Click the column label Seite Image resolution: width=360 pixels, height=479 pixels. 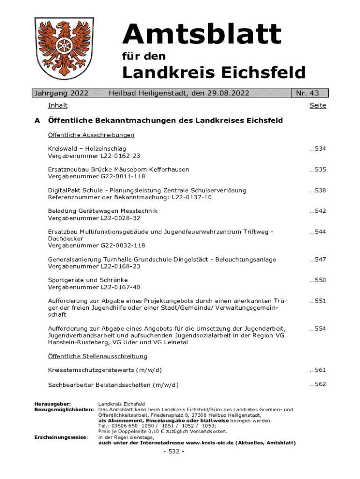317,106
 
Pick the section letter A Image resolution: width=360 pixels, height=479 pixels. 37,121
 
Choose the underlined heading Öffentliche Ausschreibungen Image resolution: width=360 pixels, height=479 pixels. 91,135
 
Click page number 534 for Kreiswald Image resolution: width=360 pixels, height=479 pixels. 317,149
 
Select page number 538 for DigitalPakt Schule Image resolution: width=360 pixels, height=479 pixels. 317,190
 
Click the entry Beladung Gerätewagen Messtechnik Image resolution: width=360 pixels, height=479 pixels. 103,211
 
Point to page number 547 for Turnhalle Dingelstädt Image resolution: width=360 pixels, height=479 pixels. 317,260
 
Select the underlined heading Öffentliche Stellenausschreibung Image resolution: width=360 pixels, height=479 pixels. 98,356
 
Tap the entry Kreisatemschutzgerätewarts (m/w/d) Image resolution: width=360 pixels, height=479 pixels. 105,370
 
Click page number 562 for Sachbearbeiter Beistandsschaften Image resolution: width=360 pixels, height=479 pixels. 317,384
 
